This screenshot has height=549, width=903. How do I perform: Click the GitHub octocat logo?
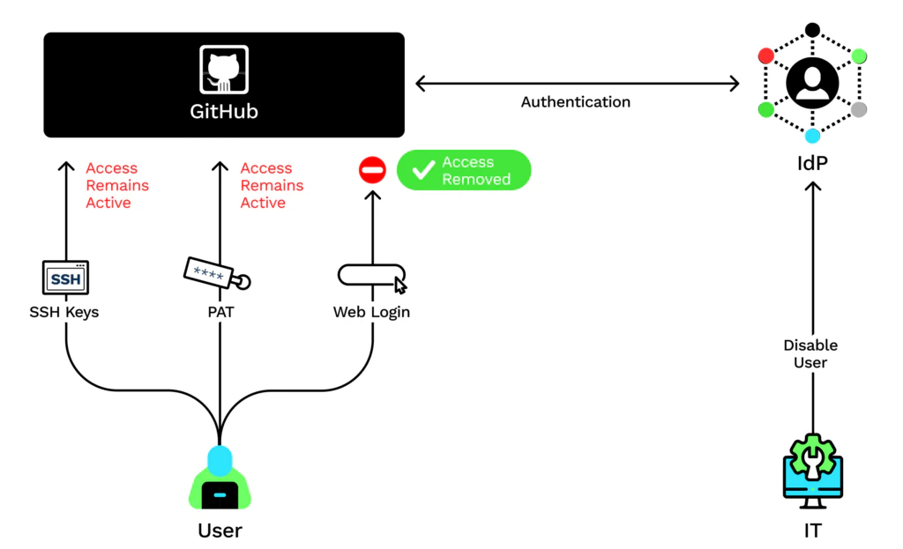224,70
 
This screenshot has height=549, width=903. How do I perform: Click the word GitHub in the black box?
224,112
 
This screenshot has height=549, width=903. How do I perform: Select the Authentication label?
575,102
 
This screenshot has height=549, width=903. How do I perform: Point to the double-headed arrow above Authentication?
577,84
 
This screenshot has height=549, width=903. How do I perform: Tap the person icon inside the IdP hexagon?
811,82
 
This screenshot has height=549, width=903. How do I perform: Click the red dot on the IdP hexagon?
766,56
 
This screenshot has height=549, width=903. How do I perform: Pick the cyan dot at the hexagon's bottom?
812,136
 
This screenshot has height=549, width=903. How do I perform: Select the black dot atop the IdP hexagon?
812,30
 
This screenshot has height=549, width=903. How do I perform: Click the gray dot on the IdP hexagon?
859,109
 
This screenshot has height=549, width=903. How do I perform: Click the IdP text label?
812,165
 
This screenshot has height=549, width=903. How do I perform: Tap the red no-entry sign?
372,170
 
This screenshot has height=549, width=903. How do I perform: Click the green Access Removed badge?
464,170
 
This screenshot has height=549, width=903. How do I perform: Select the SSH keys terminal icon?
66,278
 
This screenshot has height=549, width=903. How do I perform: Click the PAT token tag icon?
216,273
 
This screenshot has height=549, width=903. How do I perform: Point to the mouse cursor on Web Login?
399,285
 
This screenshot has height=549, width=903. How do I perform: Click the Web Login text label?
371,312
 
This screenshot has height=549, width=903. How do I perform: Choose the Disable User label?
811,353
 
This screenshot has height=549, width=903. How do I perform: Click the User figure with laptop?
220,480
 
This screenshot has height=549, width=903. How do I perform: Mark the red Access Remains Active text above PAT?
272,185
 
